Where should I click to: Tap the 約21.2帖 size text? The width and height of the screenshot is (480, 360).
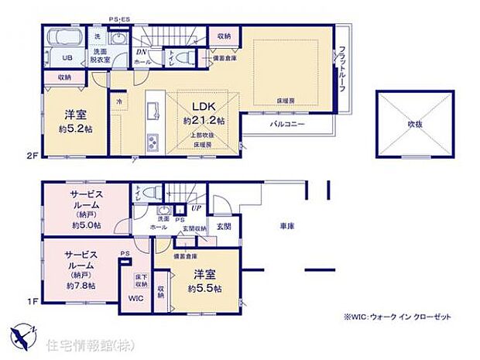204,121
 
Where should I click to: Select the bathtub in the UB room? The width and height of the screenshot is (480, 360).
61,37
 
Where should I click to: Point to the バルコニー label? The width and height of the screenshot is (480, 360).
287,124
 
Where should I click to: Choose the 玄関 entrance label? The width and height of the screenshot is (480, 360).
223,225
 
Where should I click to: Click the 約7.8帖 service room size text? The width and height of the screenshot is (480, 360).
81,285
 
